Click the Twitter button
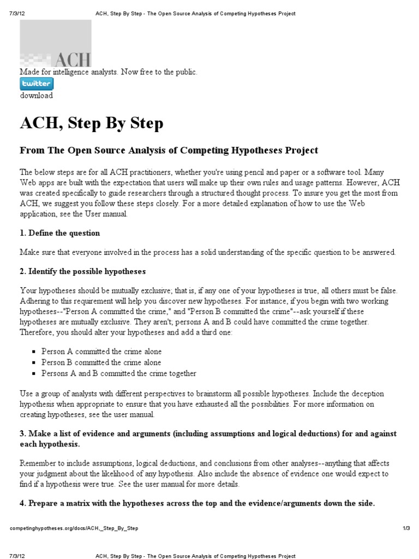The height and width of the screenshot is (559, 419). click(37, 84)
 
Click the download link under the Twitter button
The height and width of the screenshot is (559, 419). click(37, 96)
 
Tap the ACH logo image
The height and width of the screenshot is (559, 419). click(56, 44)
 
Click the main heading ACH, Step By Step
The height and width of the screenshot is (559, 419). click(92, 123)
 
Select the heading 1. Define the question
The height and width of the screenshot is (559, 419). click(60, 233)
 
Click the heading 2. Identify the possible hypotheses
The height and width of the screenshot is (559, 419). click(83, 271)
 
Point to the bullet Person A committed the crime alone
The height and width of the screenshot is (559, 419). click(101, 352)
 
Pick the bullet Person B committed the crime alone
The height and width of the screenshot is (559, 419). click(101, 362)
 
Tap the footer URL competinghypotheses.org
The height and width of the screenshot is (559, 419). click(74, 528)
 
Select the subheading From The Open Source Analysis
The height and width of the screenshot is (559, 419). click(169, 150)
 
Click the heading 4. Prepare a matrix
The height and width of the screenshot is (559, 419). click(197, 503)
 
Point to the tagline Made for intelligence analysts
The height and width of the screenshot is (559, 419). click(108, 72)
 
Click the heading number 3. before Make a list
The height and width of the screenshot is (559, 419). click(23, 433)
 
